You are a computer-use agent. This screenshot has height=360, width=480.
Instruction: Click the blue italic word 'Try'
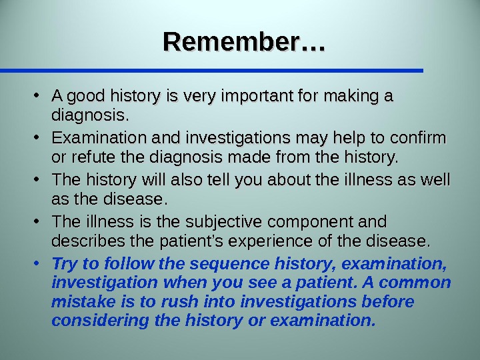click(x=64, y=261)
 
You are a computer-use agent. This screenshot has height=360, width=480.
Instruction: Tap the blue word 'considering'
click(x=101, y=321)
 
